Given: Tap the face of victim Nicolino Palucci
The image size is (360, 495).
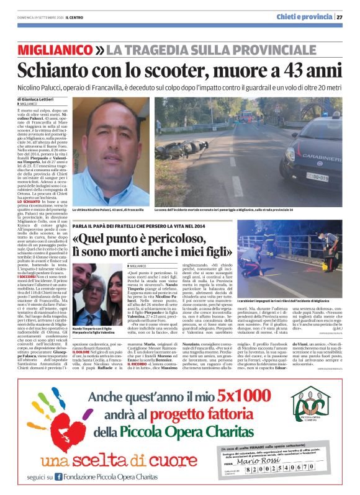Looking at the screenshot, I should (103, 140).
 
